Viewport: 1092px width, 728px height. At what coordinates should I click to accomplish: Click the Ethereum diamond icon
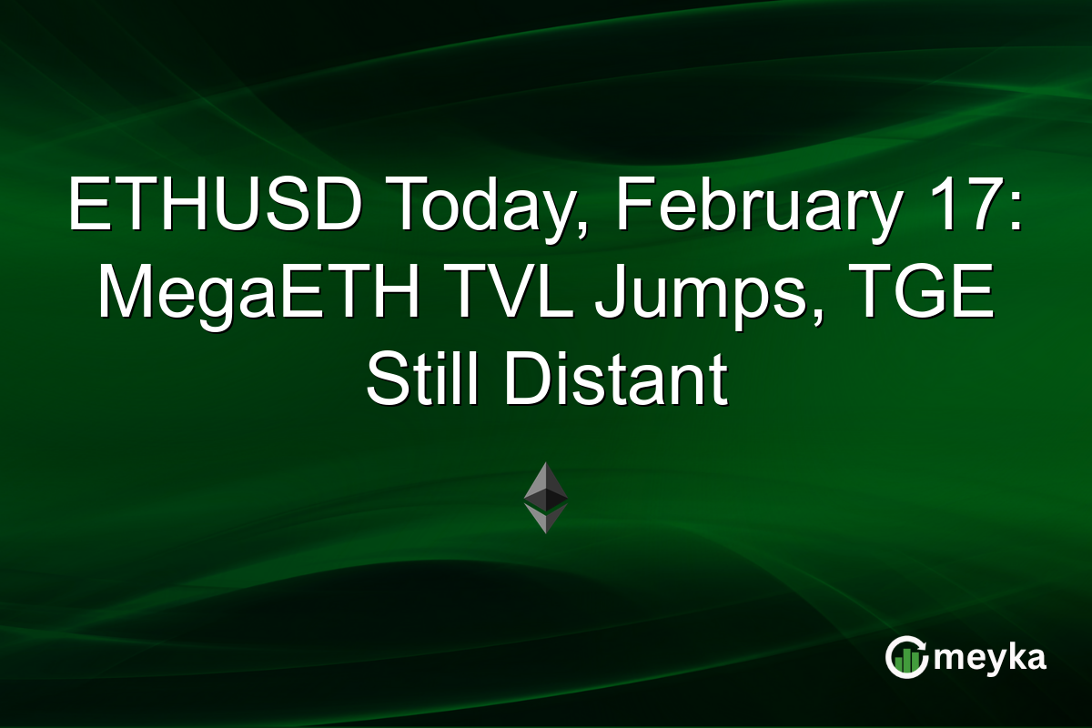545,497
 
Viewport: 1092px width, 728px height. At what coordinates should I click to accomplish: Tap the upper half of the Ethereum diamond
545,482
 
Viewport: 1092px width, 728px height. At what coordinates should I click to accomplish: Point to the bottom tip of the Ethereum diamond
545,531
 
